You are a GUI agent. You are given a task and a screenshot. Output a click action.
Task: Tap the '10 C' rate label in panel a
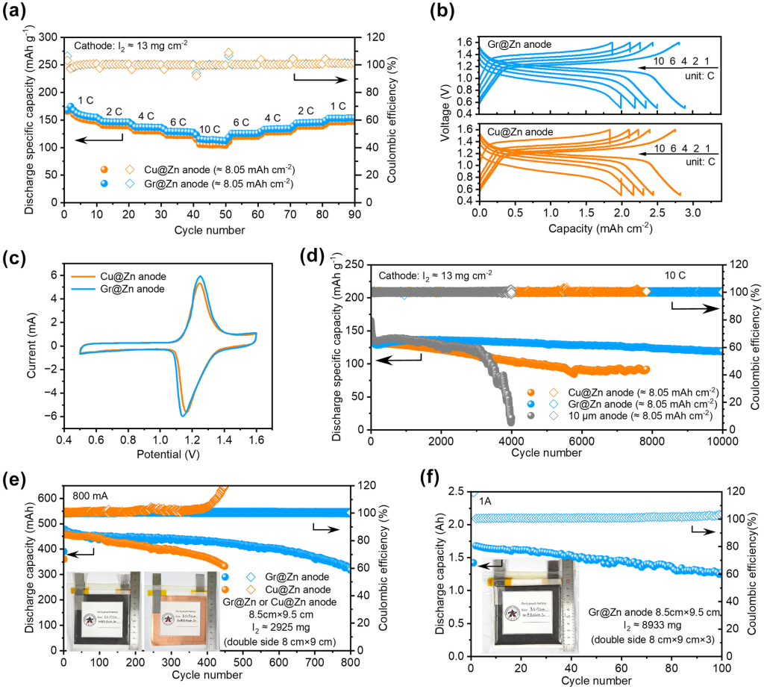[209, 129]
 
